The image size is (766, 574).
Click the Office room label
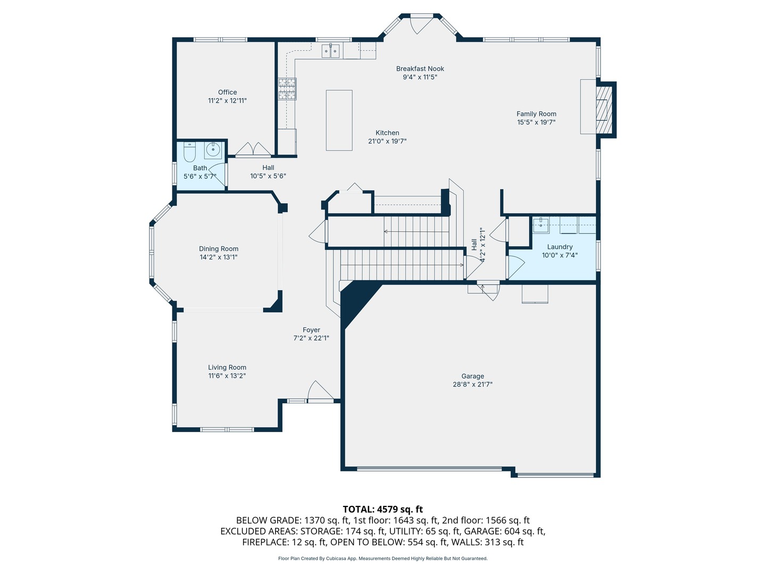(x=227, y=92)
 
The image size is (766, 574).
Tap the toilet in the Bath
(x=189, y=152)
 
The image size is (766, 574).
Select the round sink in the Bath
(x=213, y=150)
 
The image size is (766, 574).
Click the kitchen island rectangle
(x=339, y=120)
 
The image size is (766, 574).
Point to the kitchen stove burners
(x=287, y=89)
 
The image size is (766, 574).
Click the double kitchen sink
(x=330, y=51)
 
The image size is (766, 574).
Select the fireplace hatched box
(x=604, y=110)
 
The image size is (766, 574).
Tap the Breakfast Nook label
(x=420, y=69)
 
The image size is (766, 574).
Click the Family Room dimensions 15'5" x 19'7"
(x=536, y=122)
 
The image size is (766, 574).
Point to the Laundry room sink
(x=541, y=225)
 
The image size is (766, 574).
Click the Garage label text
(x=472, y=376)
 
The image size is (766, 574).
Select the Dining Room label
(x=219, y=249)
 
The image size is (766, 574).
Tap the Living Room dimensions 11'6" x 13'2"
(x=227, y=376)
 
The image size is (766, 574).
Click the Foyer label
(x=311, y=330)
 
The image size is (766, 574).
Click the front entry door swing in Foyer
(x=320, y=391)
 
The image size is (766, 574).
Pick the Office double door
(x=253, y=149)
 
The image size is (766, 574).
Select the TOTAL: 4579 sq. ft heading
(x=382, y=509)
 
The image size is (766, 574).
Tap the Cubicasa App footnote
(x=382, y=558)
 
